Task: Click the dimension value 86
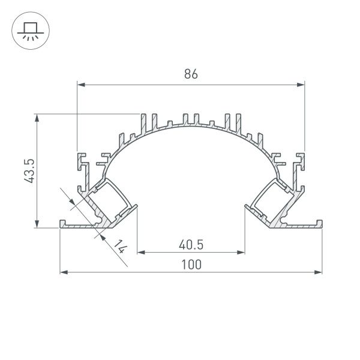click(x=191, y=74)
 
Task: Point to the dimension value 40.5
click(x=191, y=244)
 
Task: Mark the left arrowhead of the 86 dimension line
click(x=81, y=85)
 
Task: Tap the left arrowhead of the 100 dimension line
click(x=64, y=273)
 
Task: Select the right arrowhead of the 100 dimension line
click(x=319, y=273)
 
